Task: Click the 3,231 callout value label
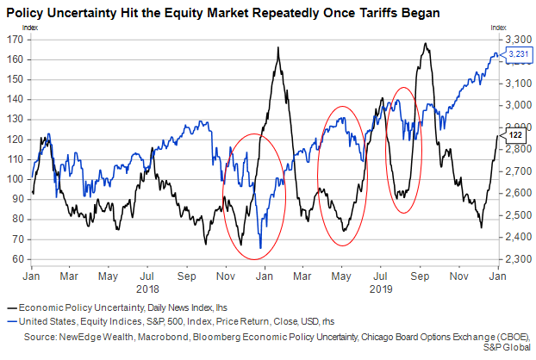(x=520, y=55)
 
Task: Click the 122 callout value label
(x=514, y=136)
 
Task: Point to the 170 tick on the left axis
(x=15, y=39)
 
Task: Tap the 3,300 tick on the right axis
(x=516, y=39)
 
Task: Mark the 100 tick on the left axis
(x=15, y=179)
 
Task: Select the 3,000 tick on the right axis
(x=516, y=105)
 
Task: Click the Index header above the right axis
(x=499, y=28)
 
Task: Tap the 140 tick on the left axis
(x=15, y=99)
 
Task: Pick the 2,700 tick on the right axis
(x=516, y=171)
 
